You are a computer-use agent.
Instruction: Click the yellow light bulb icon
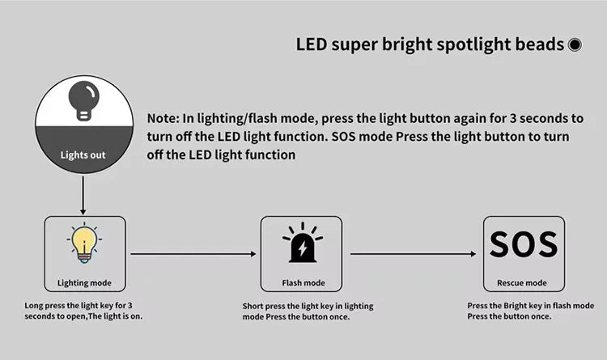coord(84,244)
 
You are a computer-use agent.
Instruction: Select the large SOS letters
coord(524,244)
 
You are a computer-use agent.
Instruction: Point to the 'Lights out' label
coord(83,155)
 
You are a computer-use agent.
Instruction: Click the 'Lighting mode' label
coord(84,283)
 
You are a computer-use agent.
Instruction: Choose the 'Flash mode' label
coord(303,283)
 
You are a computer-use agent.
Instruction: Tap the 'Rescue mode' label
coord(524,283)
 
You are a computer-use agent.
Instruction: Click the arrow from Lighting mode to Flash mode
coord(193,254)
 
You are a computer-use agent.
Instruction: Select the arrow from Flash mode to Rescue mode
coord(413,254)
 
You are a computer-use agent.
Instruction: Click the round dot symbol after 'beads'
coord(575,45)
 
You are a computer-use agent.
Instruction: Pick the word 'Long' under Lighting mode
coord(36,306)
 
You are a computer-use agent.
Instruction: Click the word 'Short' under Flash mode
coord(254,307)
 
